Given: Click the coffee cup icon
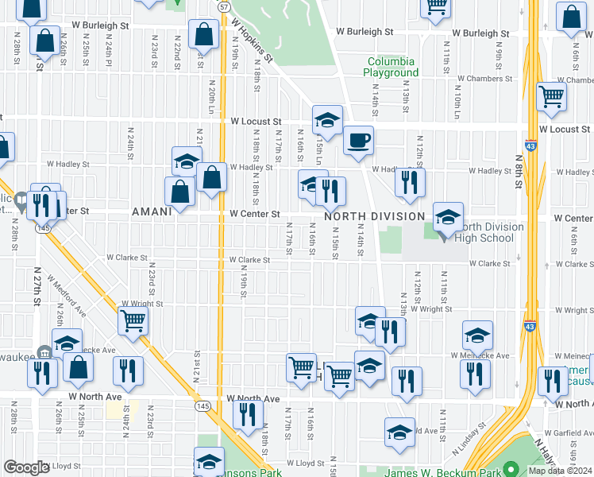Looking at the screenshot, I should pos(358,142).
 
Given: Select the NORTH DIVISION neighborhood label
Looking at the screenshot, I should pos(374,216).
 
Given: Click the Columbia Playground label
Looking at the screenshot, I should pos(391,67).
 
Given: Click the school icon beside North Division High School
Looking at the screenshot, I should pos(448,217).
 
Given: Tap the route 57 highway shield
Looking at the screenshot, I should pos(225,6).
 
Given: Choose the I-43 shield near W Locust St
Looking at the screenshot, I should pos(530,146).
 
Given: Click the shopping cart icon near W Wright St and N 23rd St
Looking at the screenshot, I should pos(133,321).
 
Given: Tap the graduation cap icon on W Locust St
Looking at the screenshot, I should pos(326,121).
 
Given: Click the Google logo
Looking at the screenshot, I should pos(26,467).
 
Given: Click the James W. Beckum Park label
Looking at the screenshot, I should pos(442,472).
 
